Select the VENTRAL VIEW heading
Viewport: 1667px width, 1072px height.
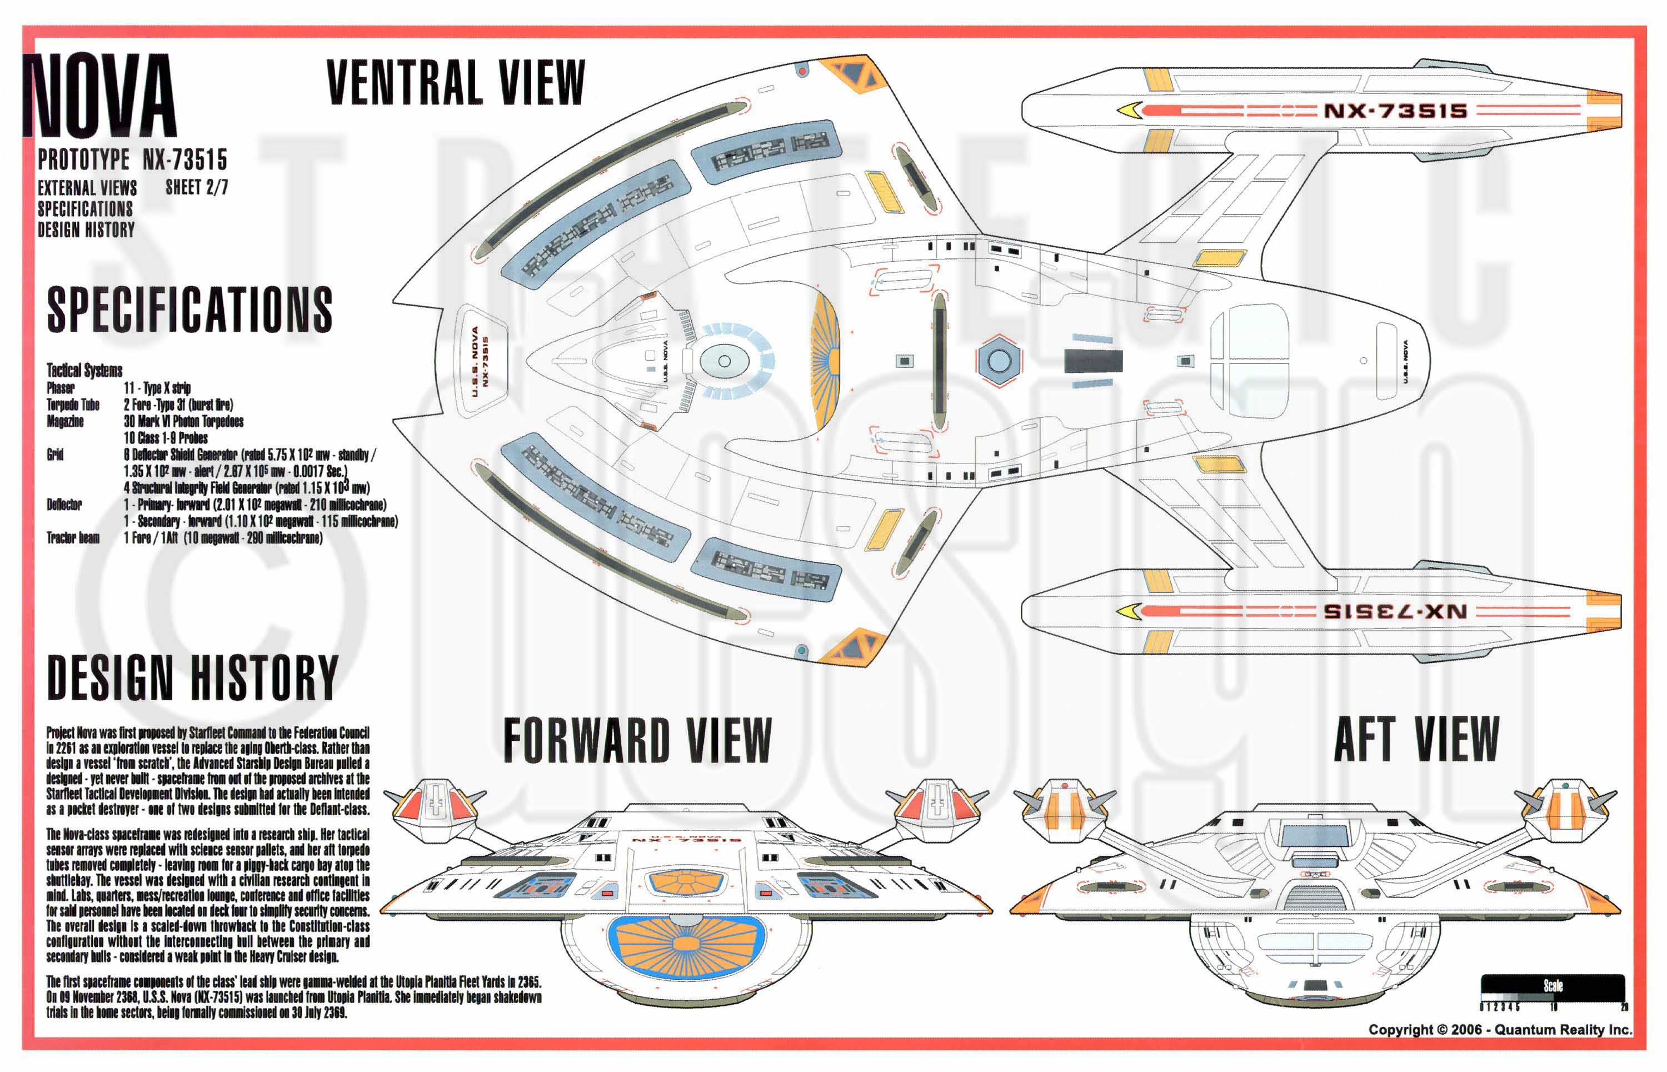456,83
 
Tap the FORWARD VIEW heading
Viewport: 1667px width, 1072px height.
637,741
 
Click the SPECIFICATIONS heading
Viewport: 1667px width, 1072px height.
189,310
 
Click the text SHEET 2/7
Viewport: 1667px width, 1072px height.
196,187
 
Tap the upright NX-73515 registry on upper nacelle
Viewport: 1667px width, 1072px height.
1395,111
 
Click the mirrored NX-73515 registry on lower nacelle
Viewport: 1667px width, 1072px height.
1395,612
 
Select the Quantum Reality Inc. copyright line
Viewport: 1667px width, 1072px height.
1499,1030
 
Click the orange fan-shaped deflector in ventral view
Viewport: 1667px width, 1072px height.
826,361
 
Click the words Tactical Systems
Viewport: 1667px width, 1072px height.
84,370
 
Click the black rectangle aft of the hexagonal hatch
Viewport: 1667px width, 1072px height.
1093,361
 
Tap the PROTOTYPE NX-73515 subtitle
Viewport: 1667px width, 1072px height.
132,159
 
